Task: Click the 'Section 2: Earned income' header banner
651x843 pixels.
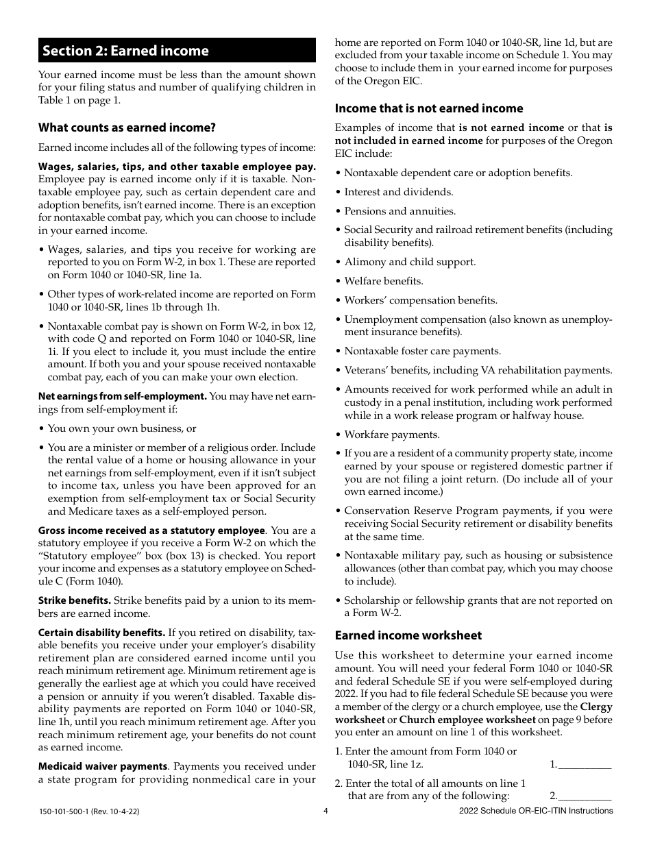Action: (x=177, y=51)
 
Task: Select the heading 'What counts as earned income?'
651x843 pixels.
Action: (x=127, y=127)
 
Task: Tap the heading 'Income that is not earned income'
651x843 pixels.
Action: (x=428, y=108)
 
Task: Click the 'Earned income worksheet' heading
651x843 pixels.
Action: (x=408, y=635)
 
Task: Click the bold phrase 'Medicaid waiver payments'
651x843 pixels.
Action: (x=103, y=766)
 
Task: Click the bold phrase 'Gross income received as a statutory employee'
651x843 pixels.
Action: (x=151, y=530)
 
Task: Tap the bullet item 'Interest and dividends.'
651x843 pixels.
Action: (x=398, y=192)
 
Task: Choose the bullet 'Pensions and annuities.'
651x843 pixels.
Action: (x=400, y=211)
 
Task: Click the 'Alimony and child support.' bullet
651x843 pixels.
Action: (x=409, y=262)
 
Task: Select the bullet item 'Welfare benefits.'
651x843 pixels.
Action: (x=383, y=281)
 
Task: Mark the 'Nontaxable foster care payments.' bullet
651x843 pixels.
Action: (x=422, y=351)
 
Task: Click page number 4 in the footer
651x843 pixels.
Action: (x=325, y=811)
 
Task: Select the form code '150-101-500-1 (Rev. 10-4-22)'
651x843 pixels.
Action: (x=89, y=811)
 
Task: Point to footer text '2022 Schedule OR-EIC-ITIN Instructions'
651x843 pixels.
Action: (x=536, y=811)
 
